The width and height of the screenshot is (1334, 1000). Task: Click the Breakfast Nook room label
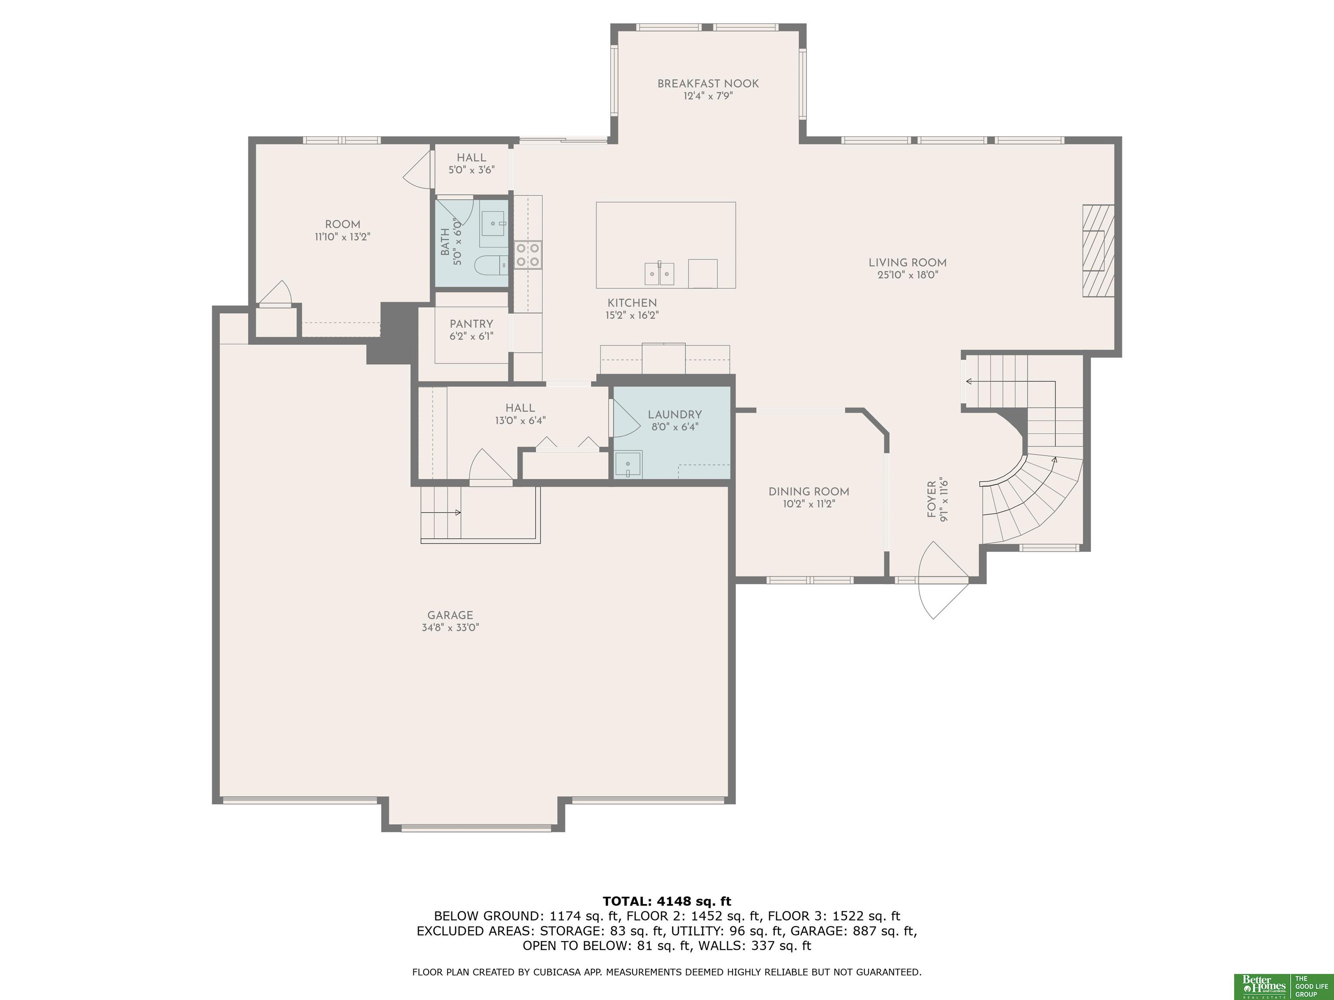point(708,84)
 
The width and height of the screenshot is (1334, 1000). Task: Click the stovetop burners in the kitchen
point(528,254)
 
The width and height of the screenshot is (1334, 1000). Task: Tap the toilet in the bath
point(490,265)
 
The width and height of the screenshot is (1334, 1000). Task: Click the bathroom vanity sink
point(495,224)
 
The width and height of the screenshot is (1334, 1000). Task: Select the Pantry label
point(471,324)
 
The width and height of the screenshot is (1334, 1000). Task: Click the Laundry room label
point(675,414)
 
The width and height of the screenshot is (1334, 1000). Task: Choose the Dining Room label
point(809,492)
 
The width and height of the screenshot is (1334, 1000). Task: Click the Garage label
point(450,615)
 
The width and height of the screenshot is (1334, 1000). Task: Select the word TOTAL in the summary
point(627,902)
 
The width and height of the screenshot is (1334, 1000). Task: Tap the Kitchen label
point(632,303)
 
